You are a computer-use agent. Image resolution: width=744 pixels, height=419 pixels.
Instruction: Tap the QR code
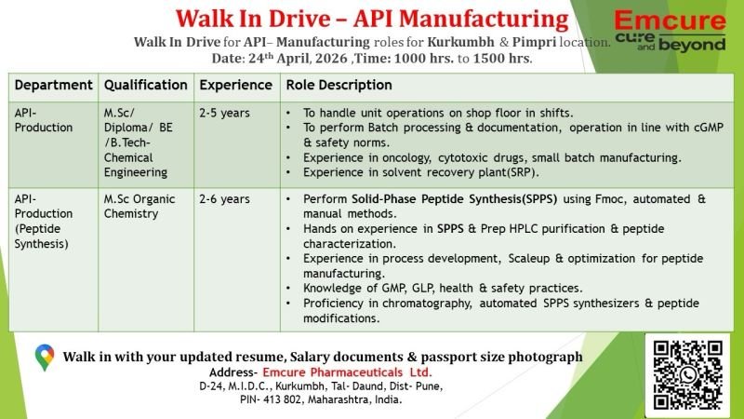[x=688, y=374]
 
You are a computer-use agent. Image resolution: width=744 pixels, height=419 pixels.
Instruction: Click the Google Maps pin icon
[x=45, y=358]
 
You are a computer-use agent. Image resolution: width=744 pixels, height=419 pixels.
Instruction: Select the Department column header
[x=53, y=85]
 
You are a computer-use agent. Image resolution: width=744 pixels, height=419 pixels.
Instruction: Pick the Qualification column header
[x=146, y=85]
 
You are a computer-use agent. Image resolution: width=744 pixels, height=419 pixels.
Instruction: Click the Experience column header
[x=235, y=85]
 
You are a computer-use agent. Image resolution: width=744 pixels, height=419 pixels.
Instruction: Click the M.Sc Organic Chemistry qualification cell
[x=139, y=206]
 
